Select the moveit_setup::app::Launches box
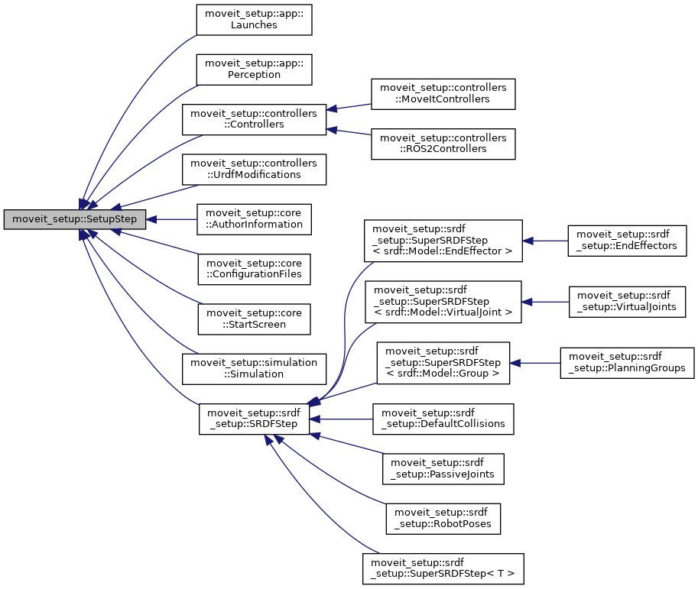coord(254,19)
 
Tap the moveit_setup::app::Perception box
coord(254,70)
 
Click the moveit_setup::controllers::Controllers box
coord(254,119)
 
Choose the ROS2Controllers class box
coord(443,144)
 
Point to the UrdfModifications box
coord(254,169)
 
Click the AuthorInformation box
coord(254,219)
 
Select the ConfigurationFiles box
coord(254,269)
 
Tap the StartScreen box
coord(254,319)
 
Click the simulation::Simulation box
coord(254,368)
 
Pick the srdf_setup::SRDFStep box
coord(254,419)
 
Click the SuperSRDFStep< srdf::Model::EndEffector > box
coord(443,241)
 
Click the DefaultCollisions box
coord(443,419)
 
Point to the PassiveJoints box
coord(443,468)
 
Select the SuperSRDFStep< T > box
coord(443,568)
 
